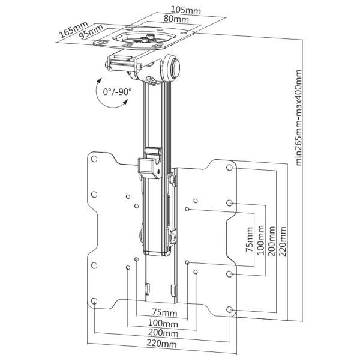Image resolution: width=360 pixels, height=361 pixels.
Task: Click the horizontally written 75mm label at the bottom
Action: point(164,312)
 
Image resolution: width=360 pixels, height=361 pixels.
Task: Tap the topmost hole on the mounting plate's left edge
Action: point(94,159)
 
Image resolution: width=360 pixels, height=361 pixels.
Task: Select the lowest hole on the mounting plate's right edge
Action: point(230,310)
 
